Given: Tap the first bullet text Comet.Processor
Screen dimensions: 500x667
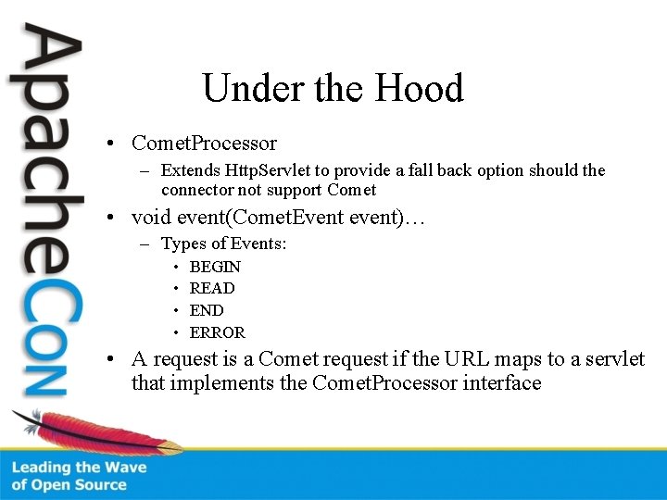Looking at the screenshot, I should (204, 144).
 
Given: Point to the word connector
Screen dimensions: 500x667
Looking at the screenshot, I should (195, 190).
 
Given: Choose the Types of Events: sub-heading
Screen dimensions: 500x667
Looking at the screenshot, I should (223, 244).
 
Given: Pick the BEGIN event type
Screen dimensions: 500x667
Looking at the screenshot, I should (215, 267).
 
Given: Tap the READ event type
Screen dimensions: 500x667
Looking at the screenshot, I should (212, 288).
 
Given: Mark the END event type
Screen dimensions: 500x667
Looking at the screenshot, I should (207, 310).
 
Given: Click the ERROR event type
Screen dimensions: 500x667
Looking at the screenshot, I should (218, 332).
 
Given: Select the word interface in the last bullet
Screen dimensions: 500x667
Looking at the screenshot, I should (500, 382).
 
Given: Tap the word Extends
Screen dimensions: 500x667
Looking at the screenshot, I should (191, 170).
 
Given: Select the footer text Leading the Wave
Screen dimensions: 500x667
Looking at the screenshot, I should (79, 468).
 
